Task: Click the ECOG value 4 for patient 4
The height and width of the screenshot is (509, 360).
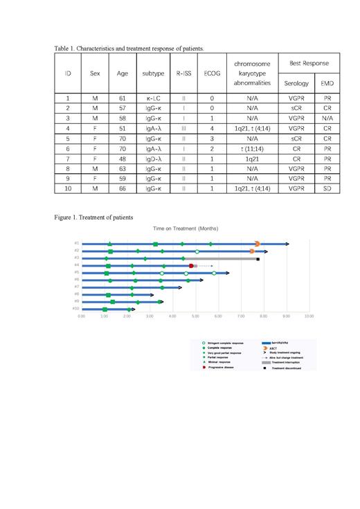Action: pyautogui.click(x=211, y=128)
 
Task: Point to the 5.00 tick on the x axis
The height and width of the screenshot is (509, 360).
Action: pyautogui.click(x=195, y=316)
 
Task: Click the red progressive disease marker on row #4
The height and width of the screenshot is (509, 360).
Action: pyautogui.click(x=191, y=265)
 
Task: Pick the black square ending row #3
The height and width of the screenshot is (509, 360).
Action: pyautogui.click(x=258, y=258)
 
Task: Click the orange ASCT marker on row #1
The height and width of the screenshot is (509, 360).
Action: pyautogui.click(x=257, y=244)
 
